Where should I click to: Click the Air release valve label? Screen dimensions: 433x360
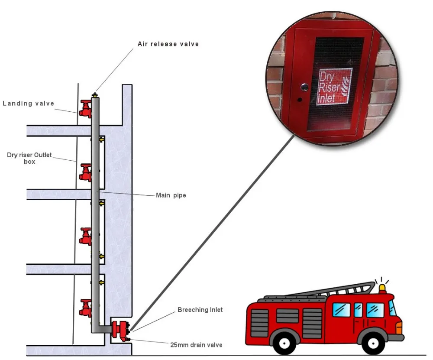point(168,44)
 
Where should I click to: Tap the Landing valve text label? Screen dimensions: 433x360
point(29,104)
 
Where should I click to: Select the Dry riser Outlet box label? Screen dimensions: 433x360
point(29,158)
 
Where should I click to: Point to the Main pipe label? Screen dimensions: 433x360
point(171,195)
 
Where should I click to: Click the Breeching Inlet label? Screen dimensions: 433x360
point(200,310)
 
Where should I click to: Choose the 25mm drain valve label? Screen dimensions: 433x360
point(196,345)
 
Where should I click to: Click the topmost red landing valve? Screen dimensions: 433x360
point(85,109)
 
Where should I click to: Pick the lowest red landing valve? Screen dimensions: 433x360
point(85,308)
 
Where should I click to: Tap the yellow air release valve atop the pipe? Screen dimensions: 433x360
point(95,95)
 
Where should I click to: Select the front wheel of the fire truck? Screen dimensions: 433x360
point(373,344)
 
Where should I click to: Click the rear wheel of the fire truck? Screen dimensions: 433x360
point(284,344)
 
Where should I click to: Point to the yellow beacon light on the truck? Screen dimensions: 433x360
point(382,288)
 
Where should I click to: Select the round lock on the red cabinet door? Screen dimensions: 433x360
point(304,88)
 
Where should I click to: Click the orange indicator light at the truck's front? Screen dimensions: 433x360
point(399,328)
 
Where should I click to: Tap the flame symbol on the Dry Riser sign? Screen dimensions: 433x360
point(346,86)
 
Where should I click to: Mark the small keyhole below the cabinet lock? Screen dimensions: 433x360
point(300,100)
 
